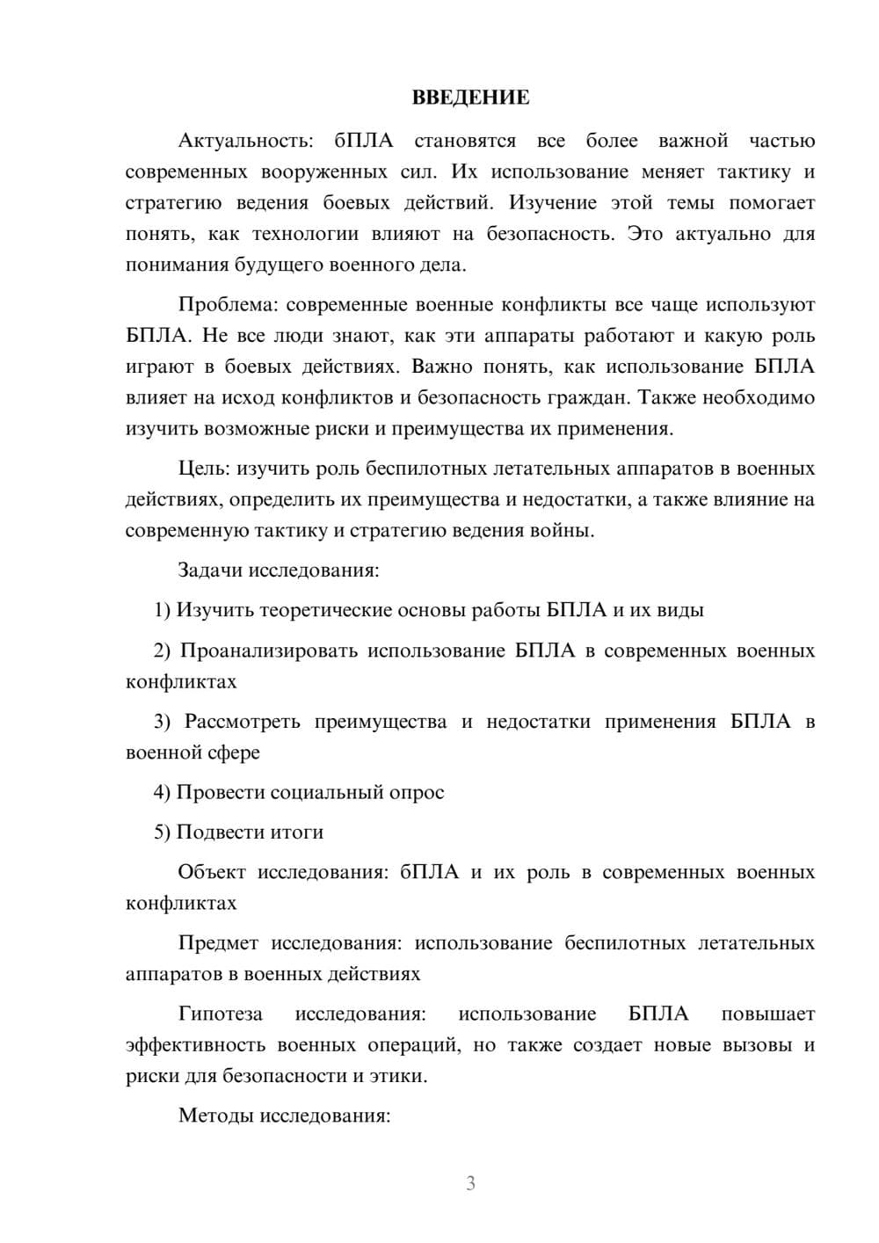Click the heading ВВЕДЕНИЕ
pos(470,98)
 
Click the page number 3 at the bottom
pos(470,1183)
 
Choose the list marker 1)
pos(162,610)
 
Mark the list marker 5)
pos(162,832)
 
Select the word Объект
pos(212,872)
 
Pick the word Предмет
pos(218,943)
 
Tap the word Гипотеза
pos(220,1014)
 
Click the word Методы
pos(214,1116)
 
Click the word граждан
pos(596,397)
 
